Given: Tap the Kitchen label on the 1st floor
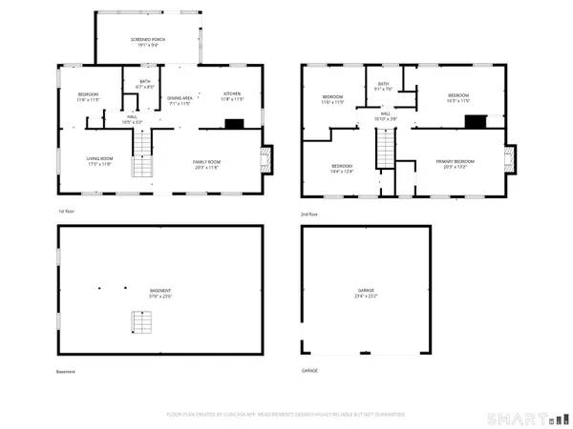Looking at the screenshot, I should click(234, 96).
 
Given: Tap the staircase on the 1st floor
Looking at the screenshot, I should click(141, 153).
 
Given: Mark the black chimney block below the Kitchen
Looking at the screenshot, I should click(233, 123).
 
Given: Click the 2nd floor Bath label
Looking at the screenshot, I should click(383, 87).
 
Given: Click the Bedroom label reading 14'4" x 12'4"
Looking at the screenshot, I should click(342, 169).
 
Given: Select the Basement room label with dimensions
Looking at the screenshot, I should click(161, 293).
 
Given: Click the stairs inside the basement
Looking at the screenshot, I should click(141, 325).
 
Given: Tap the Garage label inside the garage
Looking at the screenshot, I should click(366, 293).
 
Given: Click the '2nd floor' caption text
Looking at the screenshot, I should click(310, 214).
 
